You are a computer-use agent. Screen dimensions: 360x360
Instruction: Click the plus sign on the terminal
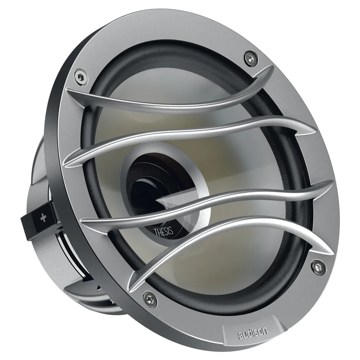coord(43,219)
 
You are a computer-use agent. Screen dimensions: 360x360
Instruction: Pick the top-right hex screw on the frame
coord(249,57)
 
